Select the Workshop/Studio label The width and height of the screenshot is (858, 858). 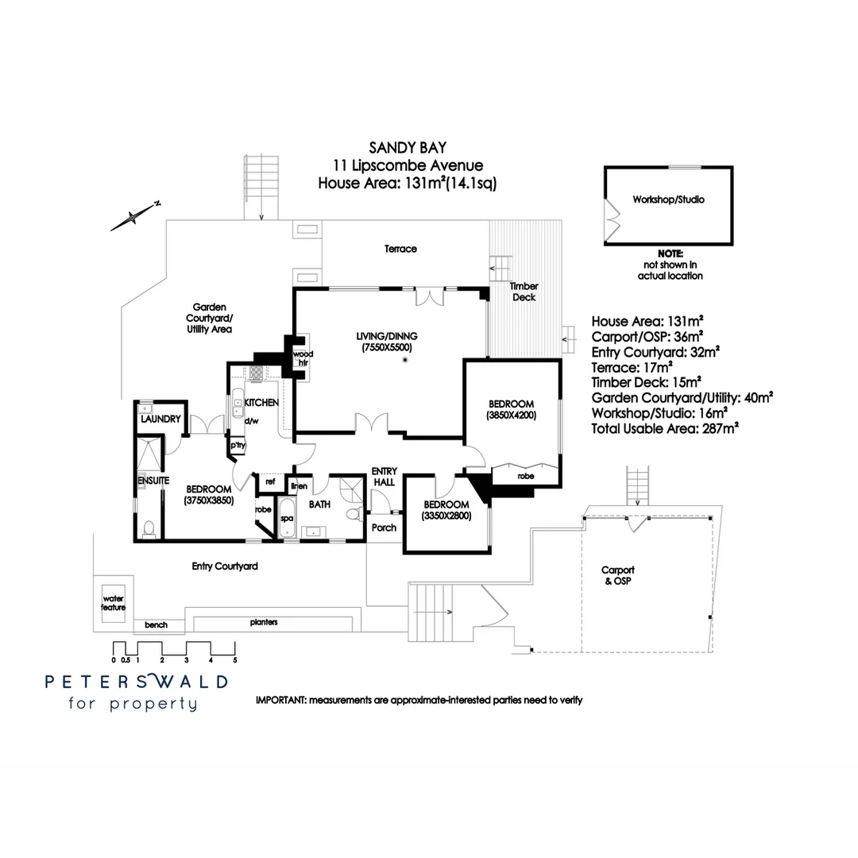pos(668,199)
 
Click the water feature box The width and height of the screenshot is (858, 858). pos(113,602)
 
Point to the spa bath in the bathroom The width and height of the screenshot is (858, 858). pos(286,518)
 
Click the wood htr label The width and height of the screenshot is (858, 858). pos(302,358)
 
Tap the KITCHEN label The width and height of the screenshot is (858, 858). pos(261,403)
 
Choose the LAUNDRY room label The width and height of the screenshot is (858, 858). pos(161,419)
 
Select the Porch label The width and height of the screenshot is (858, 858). pos(384,528)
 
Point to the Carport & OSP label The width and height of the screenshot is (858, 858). pos(617,575)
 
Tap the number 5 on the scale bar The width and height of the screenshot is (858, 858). pos(235,659)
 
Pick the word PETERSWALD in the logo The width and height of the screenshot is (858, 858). pos(136,682)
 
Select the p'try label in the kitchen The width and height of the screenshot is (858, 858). pos(238,446)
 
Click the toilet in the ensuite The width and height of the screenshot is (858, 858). pos(149,528)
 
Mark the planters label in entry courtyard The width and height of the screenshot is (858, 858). pos(263,622)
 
